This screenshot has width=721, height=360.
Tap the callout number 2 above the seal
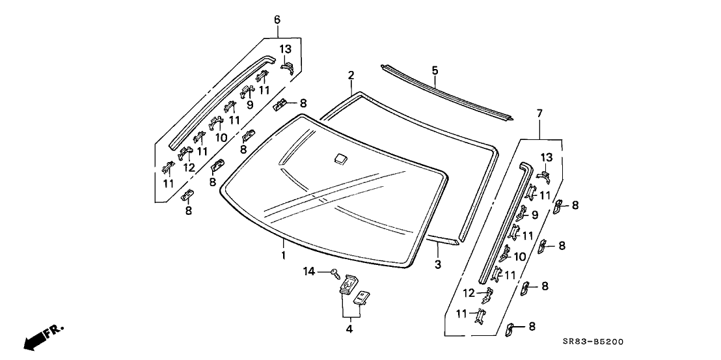pos(351,76)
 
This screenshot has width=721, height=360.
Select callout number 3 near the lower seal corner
pos(438,264)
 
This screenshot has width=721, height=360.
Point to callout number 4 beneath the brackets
pos(349,329)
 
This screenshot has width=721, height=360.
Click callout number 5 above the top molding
pos(435,70)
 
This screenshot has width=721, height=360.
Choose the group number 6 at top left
pos(277,20)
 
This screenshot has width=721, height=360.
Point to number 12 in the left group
pos(189,167)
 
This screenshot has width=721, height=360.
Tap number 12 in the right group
pos(469,292)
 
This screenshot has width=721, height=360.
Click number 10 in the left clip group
pos(221,138)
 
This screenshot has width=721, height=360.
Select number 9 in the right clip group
pos(535,214)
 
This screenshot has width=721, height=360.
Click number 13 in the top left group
pos(286,49)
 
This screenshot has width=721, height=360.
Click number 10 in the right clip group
pos(521,256)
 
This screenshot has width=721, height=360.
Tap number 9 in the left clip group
pos(249,104)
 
